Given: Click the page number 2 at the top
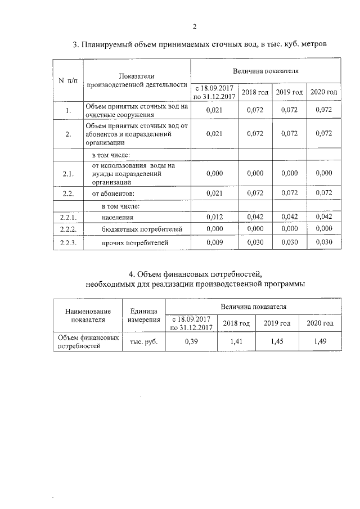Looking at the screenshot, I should tap(194, 26).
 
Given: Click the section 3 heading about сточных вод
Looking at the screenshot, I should tap(200, 44).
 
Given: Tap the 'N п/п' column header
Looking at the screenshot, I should tap(68, 80).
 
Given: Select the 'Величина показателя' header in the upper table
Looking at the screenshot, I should tap(265, 71).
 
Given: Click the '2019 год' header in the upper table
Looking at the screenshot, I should tap(289, 92).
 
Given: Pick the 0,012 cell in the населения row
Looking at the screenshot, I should tap(215, 217).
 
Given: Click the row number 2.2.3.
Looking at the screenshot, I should tap(68, 243).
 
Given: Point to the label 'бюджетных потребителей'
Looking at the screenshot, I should tap(134, 229).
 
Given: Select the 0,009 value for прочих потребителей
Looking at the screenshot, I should tap(215, 243).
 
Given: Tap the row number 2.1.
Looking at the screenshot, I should tap(68, 174).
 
